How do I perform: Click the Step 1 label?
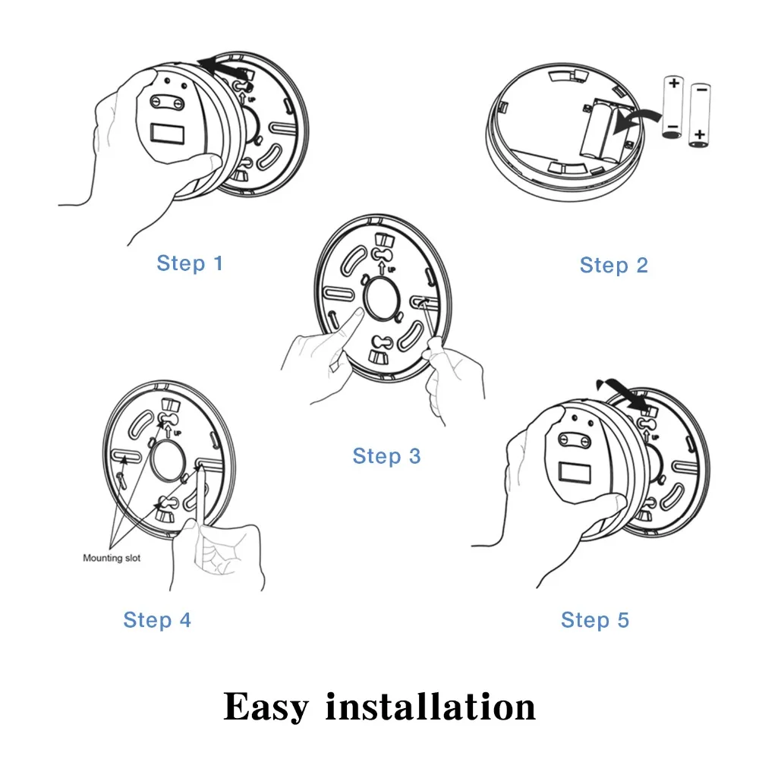coord(190,263)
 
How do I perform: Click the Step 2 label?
coord(614,265)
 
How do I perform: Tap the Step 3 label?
coord(387,456)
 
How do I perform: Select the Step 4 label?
coord(157,620)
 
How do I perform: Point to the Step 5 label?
coord(595,620)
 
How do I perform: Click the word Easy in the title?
coord(266,707)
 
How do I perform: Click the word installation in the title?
coord(431,707)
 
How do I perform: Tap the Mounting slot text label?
coord(112,558)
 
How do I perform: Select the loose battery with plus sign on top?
coord(672,106)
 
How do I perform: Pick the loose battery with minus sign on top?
coord(700,115)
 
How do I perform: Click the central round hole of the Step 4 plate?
coord(168,461)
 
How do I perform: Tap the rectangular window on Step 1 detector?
coord(168,134)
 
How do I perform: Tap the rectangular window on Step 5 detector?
coord(575,473)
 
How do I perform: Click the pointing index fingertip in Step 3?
coord(359,311)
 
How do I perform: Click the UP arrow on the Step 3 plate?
coord(382,268)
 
